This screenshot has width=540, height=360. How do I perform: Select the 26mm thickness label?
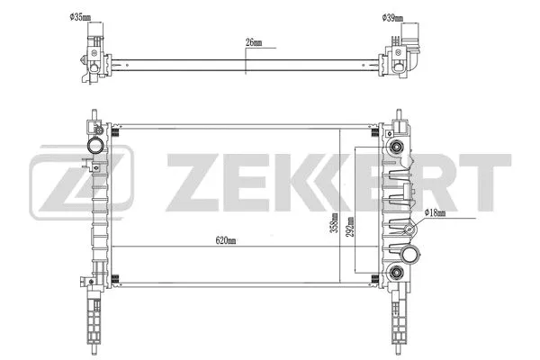point(254,42)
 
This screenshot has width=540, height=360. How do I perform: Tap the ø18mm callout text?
point(437,211)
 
